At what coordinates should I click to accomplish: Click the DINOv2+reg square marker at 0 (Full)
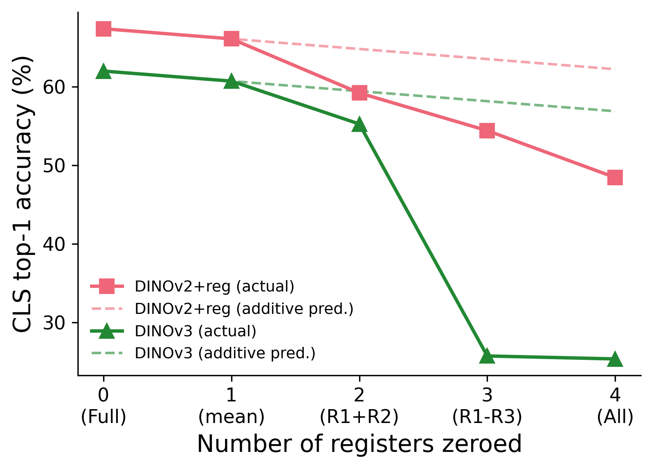(x=104, y=29)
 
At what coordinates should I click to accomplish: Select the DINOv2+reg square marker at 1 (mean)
(x=232, y=39)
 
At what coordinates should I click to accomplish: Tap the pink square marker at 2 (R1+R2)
(x=359, y=93)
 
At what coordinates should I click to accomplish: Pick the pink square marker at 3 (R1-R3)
(x=487, y=131)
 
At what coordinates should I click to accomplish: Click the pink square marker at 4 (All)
(x=615, y=178)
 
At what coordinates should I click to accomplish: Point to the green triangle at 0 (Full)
(x=104, y=72)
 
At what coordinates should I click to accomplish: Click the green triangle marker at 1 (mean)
(x=232, y=81)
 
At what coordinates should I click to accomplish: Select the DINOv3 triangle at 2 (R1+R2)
(x=359, y=125)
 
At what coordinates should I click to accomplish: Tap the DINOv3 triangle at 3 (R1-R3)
(x=487, y=356)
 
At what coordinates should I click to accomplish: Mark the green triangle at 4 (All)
(x=615, y=359)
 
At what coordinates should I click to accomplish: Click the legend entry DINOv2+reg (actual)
(x=214, y=287)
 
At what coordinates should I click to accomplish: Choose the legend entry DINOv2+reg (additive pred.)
(x=244, y=309)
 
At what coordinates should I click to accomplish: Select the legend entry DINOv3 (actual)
(x=195, y=331)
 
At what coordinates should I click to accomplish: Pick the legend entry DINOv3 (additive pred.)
(x=225, y=353)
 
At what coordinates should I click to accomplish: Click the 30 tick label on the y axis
(x=55, y=322)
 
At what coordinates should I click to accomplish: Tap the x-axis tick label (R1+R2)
(x=359, y=417)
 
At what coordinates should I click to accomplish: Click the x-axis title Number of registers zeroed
(x=359, y=444)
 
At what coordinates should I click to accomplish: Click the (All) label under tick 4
(x=615, y=417)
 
